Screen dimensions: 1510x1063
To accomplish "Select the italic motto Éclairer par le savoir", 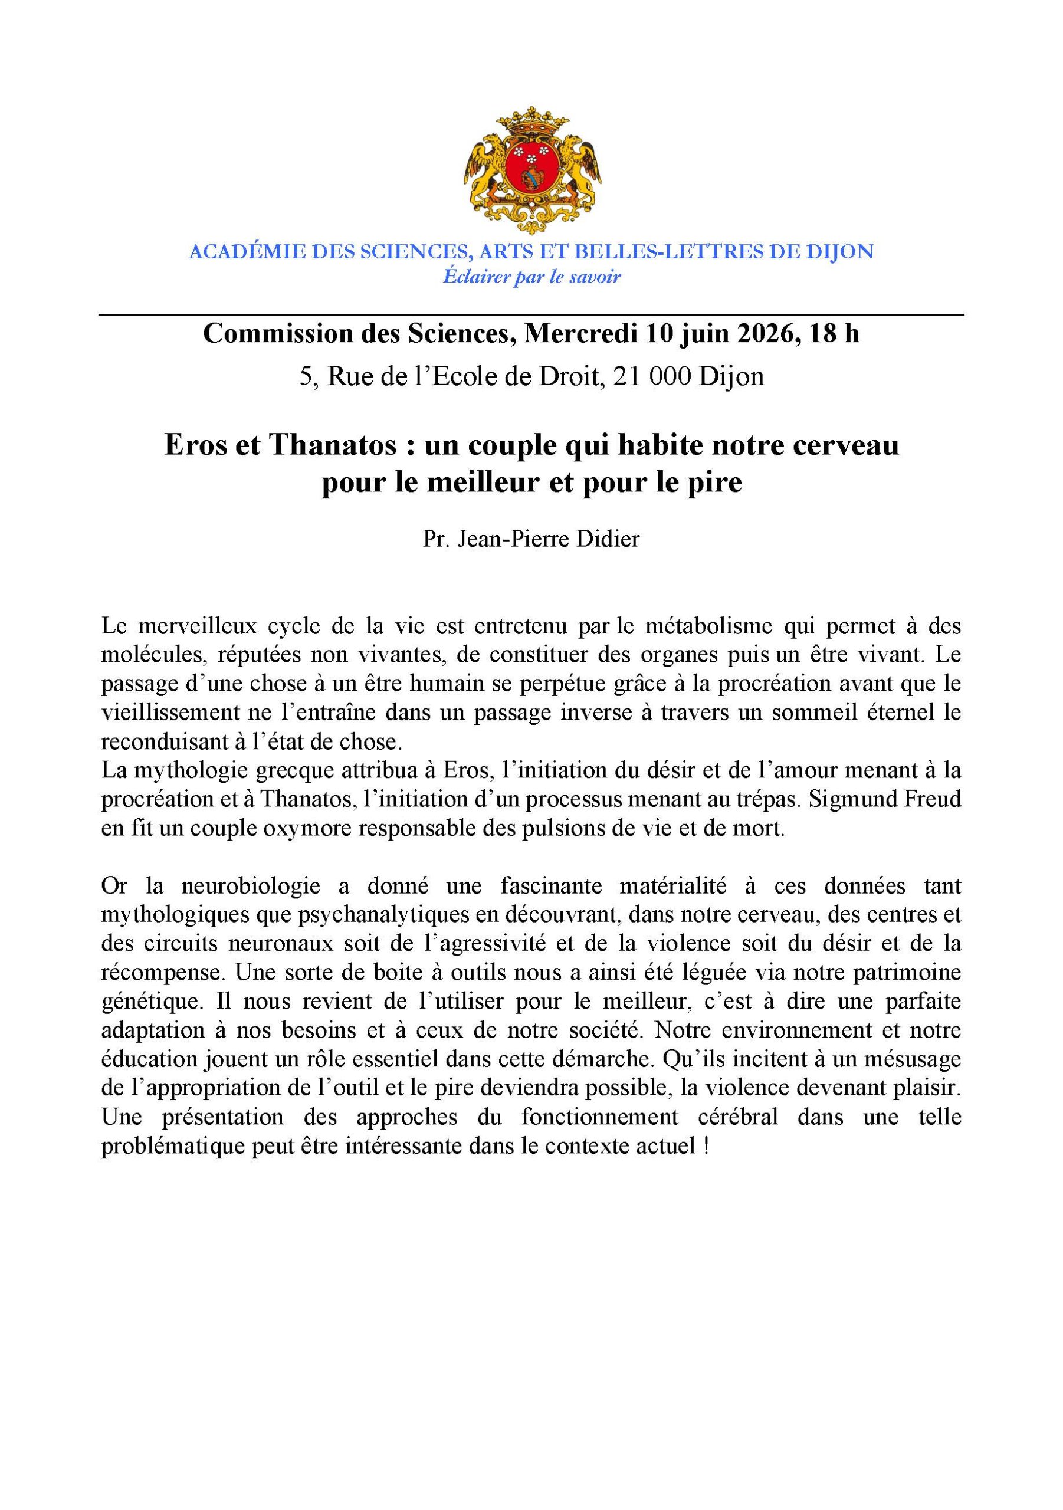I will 531,277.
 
